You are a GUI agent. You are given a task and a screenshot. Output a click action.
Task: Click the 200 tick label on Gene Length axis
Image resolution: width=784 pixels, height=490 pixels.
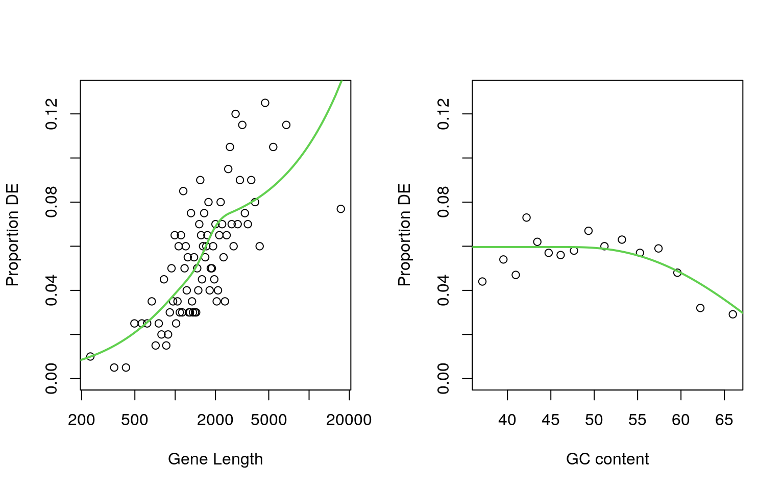click(x=82, y=420)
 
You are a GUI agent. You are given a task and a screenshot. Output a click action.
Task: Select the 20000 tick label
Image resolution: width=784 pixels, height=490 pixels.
click(x=349, y=420)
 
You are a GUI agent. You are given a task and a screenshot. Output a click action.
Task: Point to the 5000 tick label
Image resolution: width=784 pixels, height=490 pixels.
click(x=269, y=420)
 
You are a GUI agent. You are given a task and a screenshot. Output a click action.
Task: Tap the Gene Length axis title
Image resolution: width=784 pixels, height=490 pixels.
click(x=215, y=459)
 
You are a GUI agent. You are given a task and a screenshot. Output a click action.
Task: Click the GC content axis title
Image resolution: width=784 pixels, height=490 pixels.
click(x=607, y=459)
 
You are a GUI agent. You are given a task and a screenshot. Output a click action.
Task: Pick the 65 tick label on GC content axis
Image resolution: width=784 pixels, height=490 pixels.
click(x=724, y=420)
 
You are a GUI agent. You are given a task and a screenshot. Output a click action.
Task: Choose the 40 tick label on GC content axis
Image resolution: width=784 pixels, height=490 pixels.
click(x=507, y=420)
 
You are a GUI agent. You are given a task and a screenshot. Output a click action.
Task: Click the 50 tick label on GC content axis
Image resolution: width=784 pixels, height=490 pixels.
click(x=594, y=420)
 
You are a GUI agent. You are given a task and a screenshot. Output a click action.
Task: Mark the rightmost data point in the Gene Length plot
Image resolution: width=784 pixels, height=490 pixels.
click(x=341, y=209)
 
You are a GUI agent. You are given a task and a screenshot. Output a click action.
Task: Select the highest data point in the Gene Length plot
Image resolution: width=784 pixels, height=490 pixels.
click(x=265, y=103)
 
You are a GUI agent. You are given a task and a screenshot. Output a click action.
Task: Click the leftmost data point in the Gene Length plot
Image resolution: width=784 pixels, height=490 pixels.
click(x=90, y=356)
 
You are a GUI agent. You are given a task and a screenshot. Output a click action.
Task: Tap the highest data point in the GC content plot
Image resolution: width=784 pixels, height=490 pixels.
click(x=526, y=217)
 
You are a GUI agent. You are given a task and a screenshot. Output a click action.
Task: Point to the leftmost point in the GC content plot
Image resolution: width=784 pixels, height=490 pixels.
click(x=482, y=281)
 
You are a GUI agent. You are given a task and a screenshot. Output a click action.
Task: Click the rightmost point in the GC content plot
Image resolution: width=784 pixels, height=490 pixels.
click(x=733, y=314)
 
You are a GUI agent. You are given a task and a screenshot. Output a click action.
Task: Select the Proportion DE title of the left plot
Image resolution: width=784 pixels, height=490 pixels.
click(x=12, y=235)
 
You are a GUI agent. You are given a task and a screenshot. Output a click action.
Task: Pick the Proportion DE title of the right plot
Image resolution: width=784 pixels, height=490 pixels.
click(x=404, y=235)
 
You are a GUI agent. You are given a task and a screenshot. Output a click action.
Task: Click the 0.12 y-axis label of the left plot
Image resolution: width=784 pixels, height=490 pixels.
click(x=52, y=114)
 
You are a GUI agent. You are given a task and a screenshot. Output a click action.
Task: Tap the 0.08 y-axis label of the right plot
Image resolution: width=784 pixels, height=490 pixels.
click(x=444, y=202)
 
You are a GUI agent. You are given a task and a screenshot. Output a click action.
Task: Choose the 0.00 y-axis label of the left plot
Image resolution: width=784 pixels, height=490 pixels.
click(x=52, y=378)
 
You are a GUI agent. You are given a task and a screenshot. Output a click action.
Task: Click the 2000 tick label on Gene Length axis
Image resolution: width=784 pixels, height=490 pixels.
click(x=215, y=420)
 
